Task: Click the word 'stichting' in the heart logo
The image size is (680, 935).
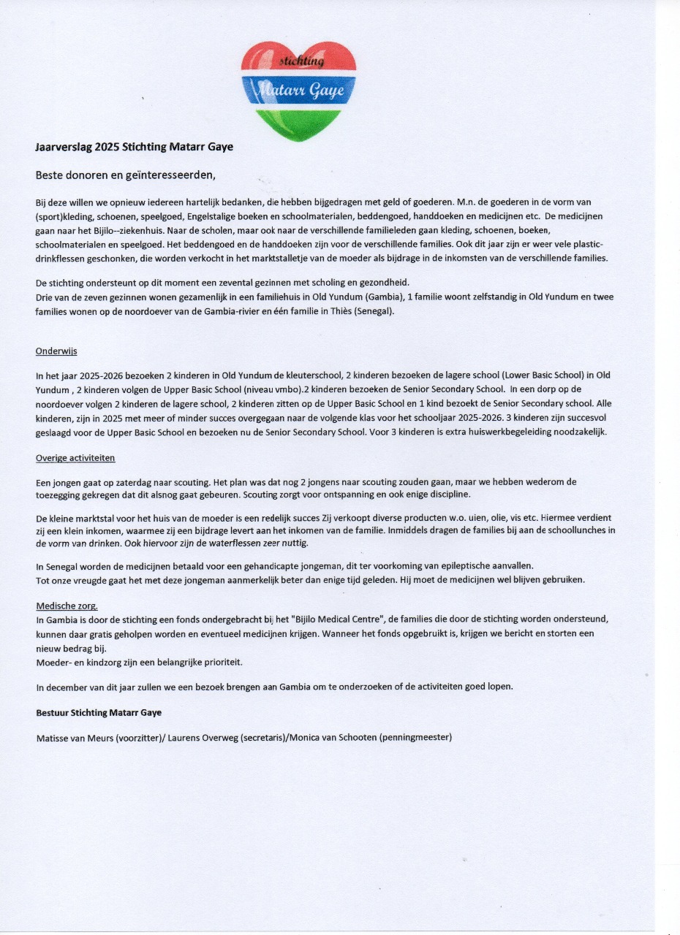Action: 301,62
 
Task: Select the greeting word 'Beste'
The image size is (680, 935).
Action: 52,175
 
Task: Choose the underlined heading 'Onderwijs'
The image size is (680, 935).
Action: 56,351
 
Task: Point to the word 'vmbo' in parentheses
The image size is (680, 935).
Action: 289,389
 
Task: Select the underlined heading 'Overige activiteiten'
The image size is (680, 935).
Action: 75,458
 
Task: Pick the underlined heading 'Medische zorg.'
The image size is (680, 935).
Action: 67,606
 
